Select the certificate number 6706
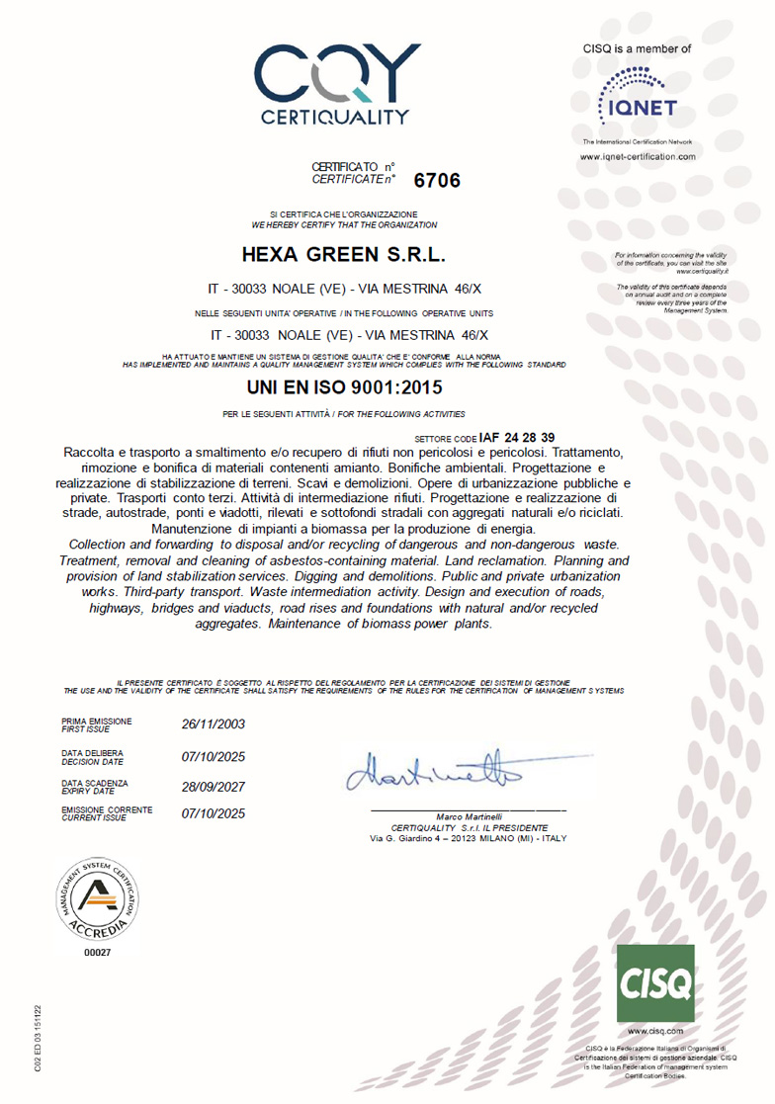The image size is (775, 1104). pyautogui.click(x=438, y=181)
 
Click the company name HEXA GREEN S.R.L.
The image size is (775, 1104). pyautogui.click(x=344, y=255)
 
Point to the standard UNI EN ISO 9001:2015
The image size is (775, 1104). pyautogui.click(x=344, y=387)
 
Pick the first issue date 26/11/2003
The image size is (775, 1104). pyautogui.click(x=214, y=723)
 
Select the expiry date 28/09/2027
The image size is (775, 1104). pyautogui.click(x=214, y=787)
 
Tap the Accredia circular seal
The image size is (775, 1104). pyautogui.click(x=99, y=896)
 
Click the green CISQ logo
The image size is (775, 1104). pyautogui.click(x=655, y=983)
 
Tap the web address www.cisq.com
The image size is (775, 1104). pyautogui.click(x=655, y=1031)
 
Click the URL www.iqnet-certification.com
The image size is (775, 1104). pyautogui.click(x=638, y=157)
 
